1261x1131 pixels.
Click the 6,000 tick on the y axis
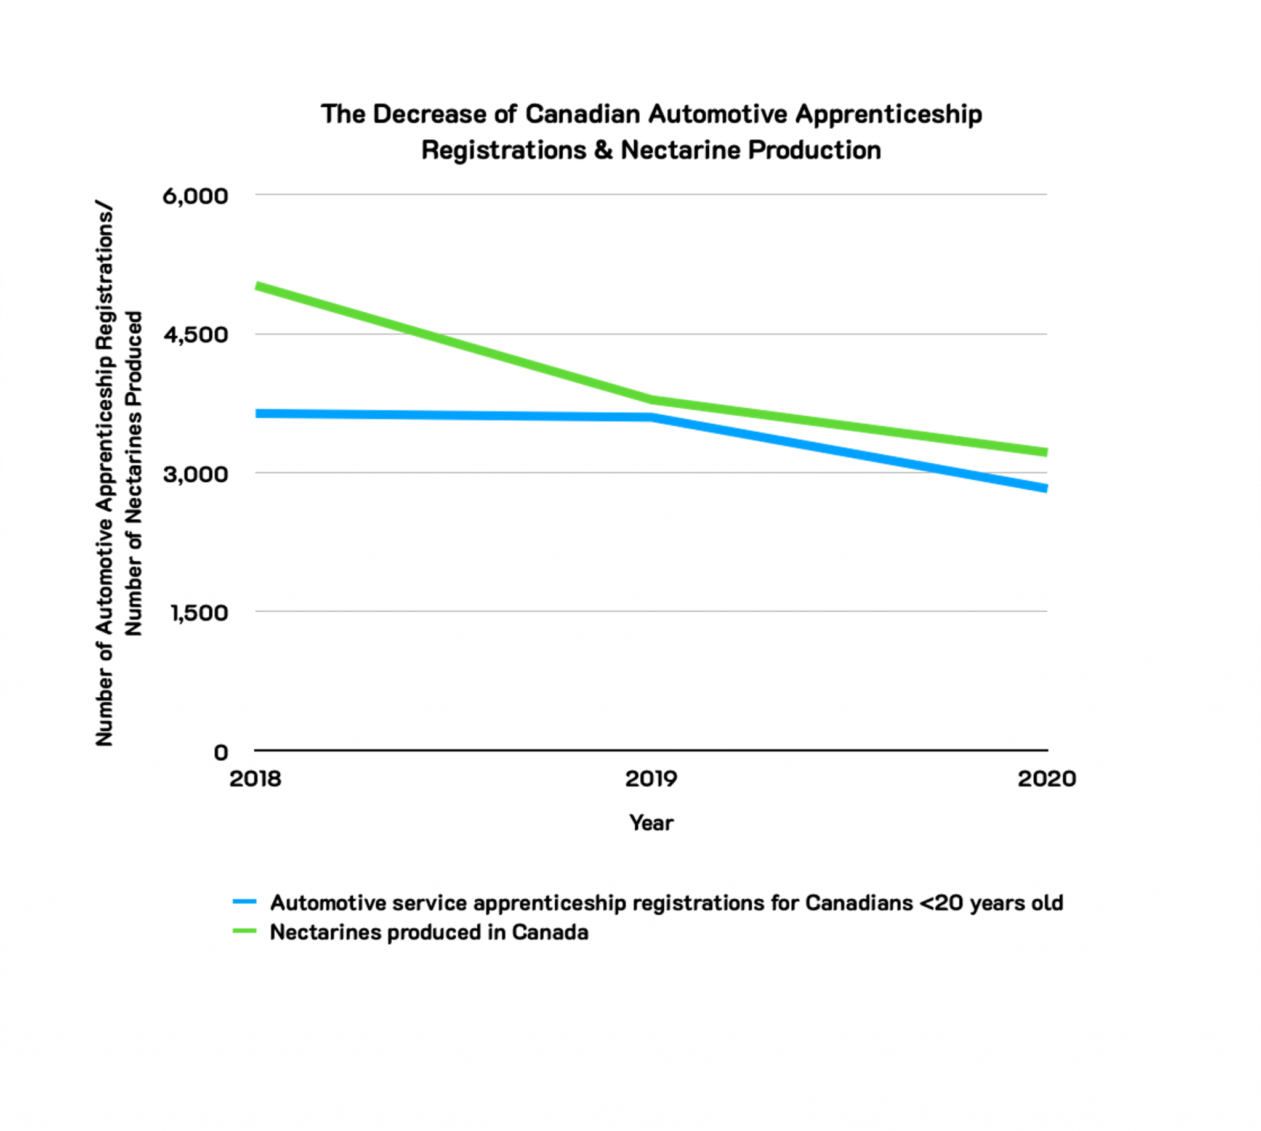point(195,196)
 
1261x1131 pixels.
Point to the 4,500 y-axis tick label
point(195,335)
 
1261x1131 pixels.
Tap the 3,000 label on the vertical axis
point(195,474)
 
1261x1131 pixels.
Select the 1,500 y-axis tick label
point(199,613)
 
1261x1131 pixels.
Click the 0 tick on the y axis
point(220,753)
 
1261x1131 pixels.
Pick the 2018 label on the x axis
point(255,779)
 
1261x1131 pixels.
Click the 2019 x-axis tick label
point(651,779)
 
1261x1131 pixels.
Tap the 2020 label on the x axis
point(1047,779)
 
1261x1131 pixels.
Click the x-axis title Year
point(651,823)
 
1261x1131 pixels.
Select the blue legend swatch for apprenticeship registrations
point(244,901)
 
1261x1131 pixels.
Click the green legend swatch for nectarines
point(244,931)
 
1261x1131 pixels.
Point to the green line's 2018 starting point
point(257,286)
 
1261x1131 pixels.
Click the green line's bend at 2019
point(651,400)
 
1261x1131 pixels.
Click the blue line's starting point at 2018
point(257,413)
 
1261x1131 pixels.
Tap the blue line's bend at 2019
point(651,417)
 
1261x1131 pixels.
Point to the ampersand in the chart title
point(603,150)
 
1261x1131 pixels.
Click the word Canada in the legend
point(550,932)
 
